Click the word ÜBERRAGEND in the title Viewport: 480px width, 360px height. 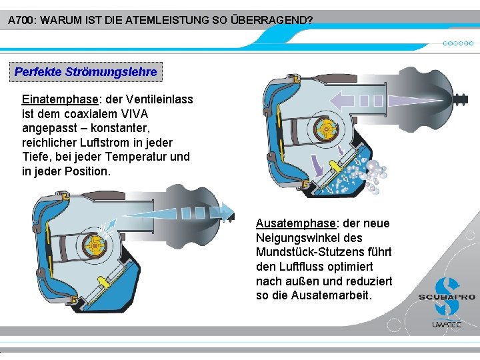[x=270, y=21]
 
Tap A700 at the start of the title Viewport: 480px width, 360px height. [x=21, y=21]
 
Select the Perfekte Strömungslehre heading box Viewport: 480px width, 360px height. [x=86, y=71]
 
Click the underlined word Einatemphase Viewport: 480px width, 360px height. [x=60, y=99]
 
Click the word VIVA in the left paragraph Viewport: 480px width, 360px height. [x=133, y=114]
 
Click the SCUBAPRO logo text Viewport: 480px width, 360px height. [x=447, y=297]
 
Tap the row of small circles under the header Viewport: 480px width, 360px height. [x=458, y=43]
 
